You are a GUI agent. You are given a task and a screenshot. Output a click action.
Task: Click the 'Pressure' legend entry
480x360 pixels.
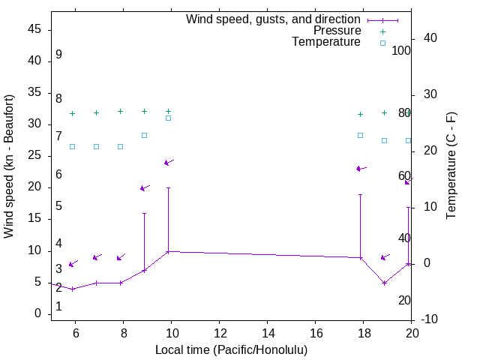pyautogui.click(x=337, y=31)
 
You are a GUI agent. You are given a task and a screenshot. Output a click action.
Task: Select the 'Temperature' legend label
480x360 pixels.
pyautogui.click(x=326, y=42)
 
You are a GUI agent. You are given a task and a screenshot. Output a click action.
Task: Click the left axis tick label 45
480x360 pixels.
pyautogui.click(x=34, y=29)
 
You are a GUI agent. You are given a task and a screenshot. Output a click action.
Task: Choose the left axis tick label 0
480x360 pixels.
pyautogui.click(x=37, y=314)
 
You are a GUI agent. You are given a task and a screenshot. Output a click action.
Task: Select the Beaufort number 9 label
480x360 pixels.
pyautogui.click(x=58, y=55)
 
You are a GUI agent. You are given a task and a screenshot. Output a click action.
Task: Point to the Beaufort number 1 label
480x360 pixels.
pyautogui.click(x=58, y=307)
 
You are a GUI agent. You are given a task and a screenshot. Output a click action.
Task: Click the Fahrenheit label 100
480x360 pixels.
pyautogui.click(x=402, y=51)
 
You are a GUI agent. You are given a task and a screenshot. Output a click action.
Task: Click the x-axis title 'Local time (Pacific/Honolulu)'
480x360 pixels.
pyautogui.click(x=231, y=349)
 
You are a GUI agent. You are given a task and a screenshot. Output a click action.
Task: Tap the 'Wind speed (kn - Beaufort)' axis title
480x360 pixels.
pyautogui.click(x=9, y=166)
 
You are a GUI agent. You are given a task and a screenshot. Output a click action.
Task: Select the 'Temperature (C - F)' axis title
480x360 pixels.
pyautogui.click(x=451, y=166)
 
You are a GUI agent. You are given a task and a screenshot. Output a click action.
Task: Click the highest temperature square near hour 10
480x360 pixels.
pyautogui.click(x=168, y=118)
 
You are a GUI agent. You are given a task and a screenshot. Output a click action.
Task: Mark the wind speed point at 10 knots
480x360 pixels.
pyautogui.click(x=168, y=252)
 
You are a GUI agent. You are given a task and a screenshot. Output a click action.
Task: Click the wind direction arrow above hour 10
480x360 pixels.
pyautogui.click(x=169, y=162)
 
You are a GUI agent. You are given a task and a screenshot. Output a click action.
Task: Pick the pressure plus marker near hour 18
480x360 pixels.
pyautogui.click(x=361, y=114)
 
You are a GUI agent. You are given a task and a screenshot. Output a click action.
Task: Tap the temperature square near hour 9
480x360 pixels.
pyautogui.click(x=144, y=135)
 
